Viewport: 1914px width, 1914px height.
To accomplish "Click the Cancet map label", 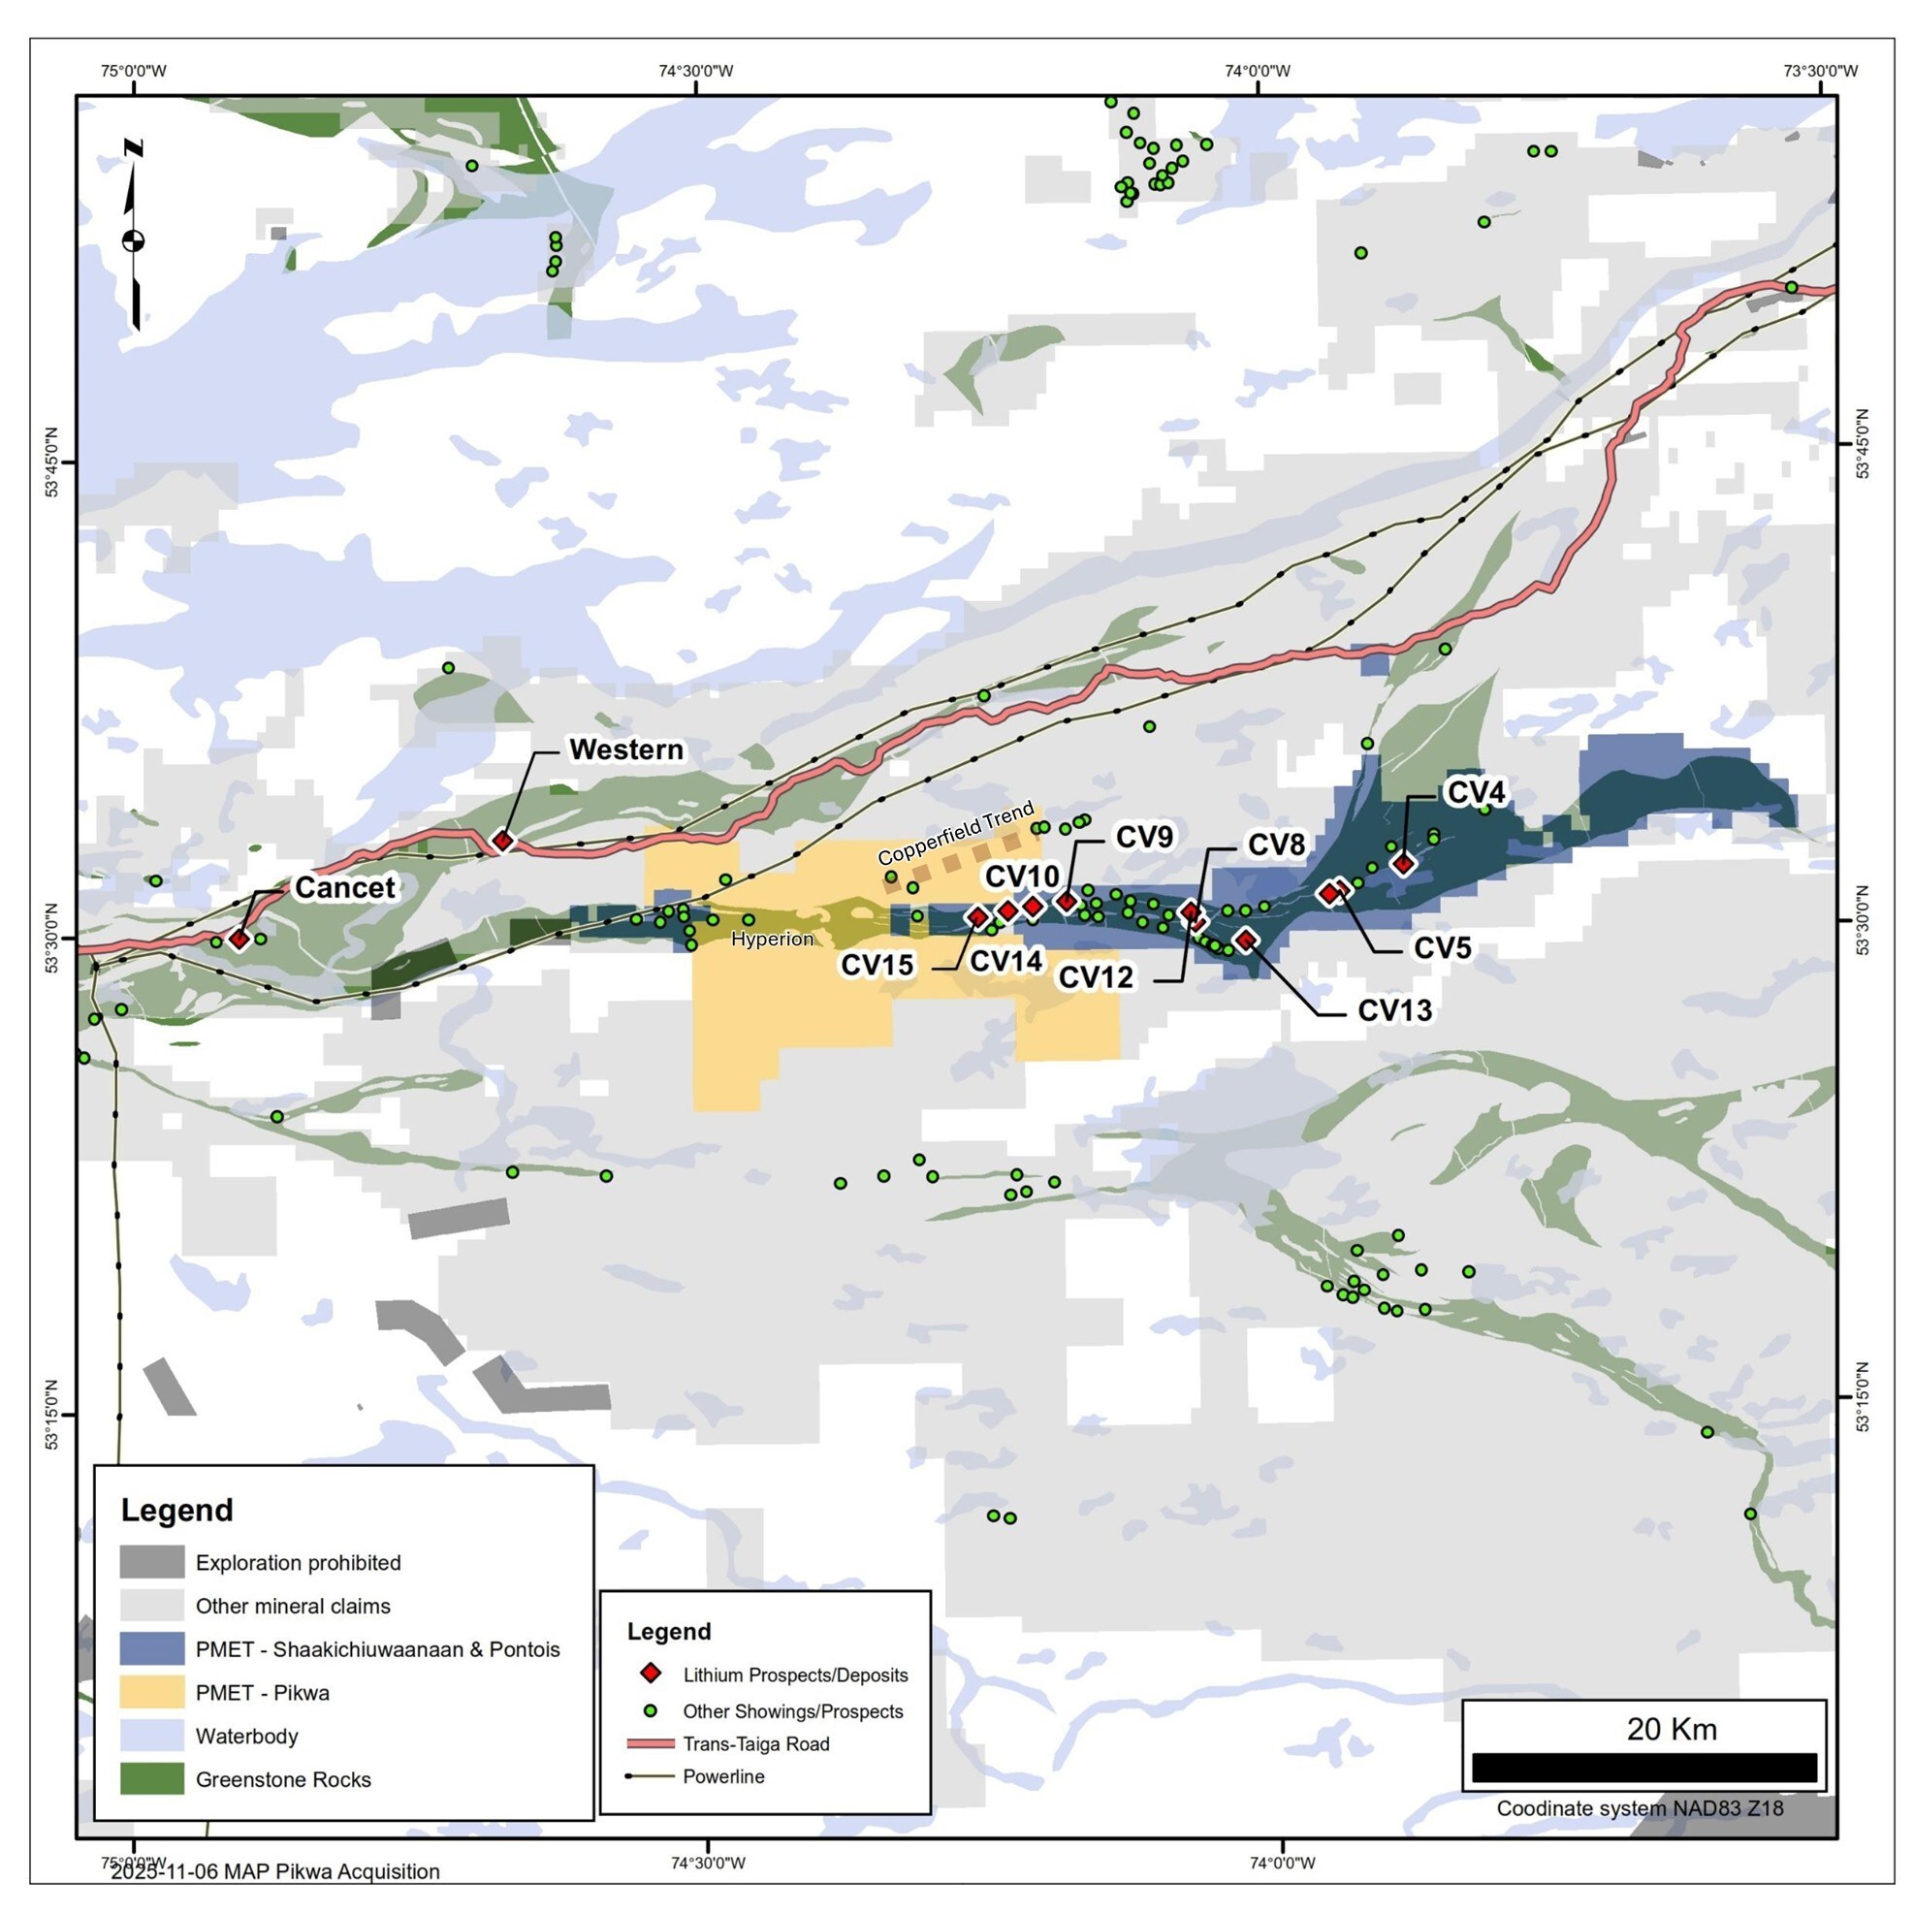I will tap(344, 887).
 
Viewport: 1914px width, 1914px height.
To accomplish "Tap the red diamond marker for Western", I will tap(503, 841).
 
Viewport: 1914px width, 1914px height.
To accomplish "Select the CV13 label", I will tap(1394, 1010).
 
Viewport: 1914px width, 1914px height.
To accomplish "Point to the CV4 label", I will tap(1476, 792).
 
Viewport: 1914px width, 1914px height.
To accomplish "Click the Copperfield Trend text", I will tap(955, 834).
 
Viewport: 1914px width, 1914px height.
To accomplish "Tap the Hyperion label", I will tap(772, 940).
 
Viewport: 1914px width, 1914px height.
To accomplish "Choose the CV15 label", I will tap(877, 965).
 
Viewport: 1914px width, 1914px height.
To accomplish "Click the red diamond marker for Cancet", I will tap(239, 940).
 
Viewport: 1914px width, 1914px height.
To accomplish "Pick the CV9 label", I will tap(1144, 837).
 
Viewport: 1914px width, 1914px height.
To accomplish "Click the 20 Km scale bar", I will tap(1643, 1769).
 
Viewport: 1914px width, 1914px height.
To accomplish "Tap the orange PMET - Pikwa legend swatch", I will tap(151, 1692).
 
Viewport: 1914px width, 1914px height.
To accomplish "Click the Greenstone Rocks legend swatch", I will tap(151, 1778).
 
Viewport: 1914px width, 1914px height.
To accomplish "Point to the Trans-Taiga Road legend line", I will tap(650, 1743).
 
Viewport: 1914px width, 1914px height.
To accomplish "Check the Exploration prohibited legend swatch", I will tap(151, 1562).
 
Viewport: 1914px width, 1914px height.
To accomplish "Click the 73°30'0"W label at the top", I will tap(1821, 71).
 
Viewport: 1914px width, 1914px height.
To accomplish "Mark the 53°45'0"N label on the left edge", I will tap(51, 463).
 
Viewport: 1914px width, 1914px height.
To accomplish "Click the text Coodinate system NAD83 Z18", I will tap(1640, 1808).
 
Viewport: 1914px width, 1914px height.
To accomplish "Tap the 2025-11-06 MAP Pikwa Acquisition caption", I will tap(275, 1871).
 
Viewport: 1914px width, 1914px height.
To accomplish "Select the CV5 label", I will tap(1442, 948).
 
